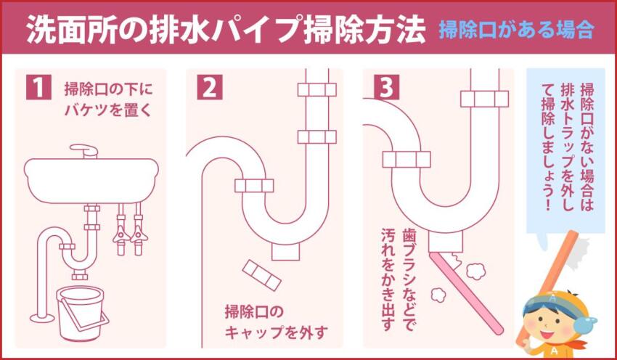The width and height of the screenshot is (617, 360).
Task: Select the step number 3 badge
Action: (386, 86)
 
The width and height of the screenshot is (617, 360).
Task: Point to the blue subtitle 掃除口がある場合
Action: (516, 31)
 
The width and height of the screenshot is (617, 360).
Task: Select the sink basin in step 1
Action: (90, 178)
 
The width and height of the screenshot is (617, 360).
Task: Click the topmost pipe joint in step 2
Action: (316, 89)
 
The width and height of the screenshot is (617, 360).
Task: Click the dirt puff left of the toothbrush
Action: (438, 295)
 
